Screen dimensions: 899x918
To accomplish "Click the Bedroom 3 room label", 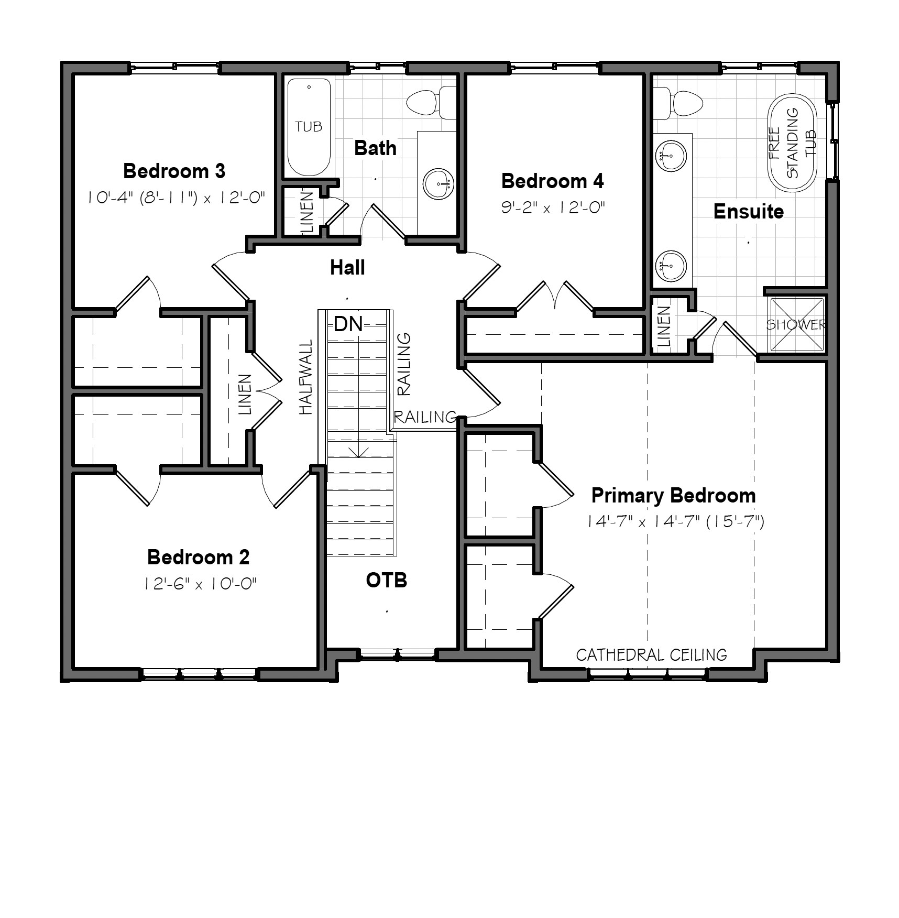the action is [174, 171].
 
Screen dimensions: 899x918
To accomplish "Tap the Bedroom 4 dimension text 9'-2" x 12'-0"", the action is [553, 207].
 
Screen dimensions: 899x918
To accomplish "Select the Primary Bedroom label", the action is [673, 496].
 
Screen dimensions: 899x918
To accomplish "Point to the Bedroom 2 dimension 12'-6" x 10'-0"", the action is [201, 584].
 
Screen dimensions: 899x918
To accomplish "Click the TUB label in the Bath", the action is [309, 126].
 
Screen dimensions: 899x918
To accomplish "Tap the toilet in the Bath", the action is [431, 102].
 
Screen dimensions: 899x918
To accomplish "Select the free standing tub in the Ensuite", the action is [792, 143].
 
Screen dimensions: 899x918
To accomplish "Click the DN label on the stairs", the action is [348, 324].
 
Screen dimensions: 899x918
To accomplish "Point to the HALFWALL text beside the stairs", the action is [306, 377].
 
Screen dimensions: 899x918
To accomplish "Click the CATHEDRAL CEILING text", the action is [651, 654].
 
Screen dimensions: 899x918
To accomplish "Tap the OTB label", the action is [387, 580].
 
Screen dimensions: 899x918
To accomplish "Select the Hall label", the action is [347, 268].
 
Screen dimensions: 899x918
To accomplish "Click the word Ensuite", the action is [749, 211].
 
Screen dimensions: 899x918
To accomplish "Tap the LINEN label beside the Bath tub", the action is [308, 212].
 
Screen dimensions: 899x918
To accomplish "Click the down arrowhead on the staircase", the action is [358, 453].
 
